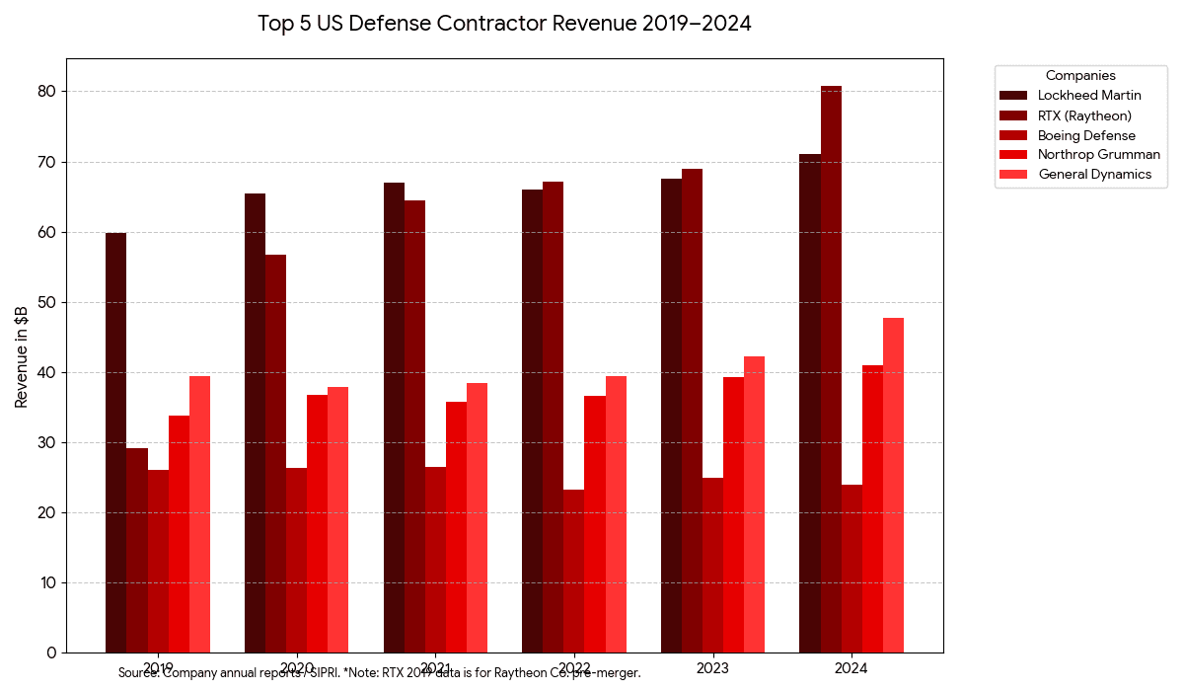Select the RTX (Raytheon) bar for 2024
(x=831, y=369)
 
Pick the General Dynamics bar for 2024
(x=893, y=485)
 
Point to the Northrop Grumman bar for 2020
(x=317, y=523)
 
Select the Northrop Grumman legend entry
(x=1099, y=155)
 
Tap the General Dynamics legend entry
(x=1094, y=174)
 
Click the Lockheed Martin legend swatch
(x=1013, y=96)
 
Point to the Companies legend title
(x=1080, y=75)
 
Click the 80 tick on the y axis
(x=48, y=92)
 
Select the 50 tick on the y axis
(x=48, y=302)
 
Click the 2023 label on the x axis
(x=711, y=668)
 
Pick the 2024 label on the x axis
(x=851, y=668)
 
